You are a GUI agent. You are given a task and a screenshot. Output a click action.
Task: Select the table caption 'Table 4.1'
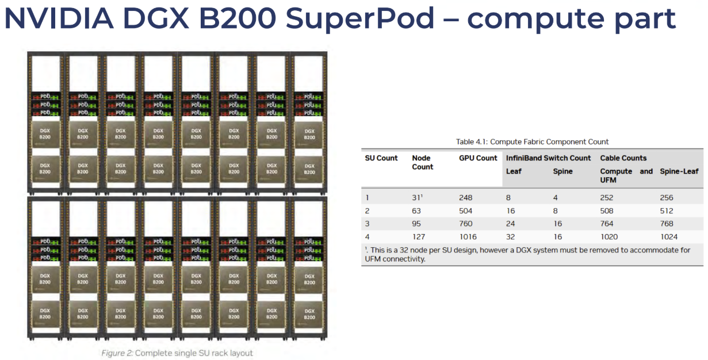coord(470,141)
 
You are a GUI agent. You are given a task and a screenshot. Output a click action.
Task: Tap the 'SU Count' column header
coord(381,158)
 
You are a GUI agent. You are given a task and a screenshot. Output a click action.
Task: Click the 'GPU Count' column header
coord(478,158)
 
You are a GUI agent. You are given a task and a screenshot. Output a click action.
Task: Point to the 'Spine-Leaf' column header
coord(679,171)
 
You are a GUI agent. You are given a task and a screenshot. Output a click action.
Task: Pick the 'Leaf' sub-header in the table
coord(514,171)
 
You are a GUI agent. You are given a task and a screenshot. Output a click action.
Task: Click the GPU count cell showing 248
coord(466,198)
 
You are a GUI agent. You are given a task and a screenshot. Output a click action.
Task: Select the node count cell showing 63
coord(418,210)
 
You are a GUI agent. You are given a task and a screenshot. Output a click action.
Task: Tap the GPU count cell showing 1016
coord(468,236)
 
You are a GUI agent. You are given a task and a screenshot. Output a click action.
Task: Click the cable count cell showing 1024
coord(669,236)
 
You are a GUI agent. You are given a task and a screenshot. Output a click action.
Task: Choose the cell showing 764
coord(607,224)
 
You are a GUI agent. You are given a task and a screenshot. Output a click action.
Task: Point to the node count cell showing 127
coord(419,236)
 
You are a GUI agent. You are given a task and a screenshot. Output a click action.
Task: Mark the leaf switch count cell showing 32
coord(511,236)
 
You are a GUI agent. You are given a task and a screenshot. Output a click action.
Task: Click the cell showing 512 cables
coord(667,210)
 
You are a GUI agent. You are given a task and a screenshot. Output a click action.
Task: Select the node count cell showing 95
coord(418,224)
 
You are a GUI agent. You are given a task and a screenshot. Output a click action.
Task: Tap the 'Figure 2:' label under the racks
coord(117,353)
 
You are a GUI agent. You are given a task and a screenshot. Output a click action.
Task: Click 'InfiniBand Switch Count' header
coord(548,158)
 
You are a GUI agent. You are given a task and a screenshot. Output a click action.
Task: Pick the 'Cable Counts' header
coord(623,158)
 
